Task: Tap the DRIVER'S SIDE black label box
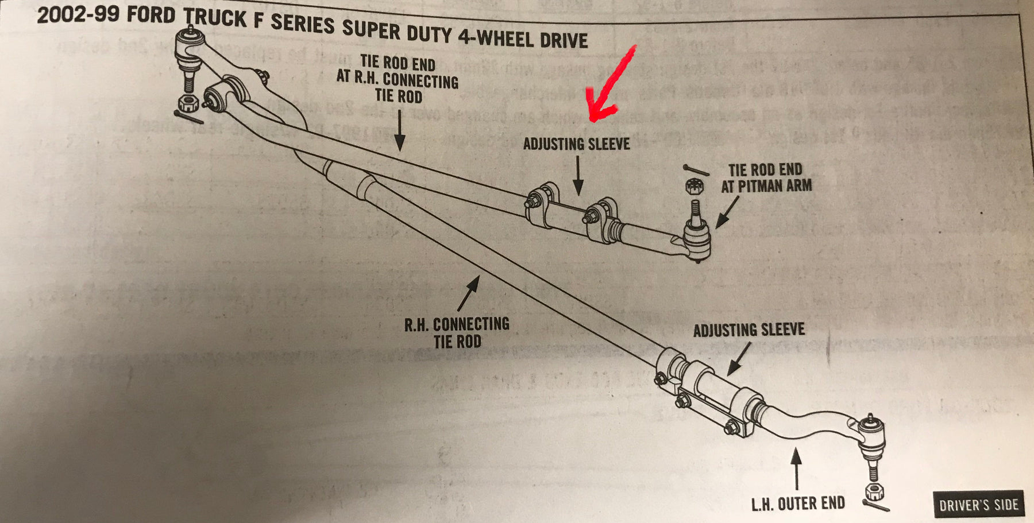978,505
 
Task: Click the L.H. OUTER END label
798,504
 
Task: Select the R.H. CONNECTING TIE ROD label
457,332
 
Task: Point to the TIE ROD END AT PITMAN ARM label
766,178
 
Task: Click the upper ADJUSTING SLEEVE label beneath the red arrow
576,144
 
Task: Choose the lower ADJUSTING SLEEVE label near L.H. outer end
749,330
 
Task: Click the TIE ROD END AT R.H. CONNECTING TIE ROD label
398,79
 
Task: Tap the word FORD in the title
151,16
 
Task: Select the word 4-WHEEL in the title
495,37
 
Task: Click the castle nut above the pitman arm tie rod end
695,186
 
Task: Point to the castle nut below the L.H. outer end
874,491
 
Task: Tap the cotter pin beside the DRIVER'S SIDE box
877,505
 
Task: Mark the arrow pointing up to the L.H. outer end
796,468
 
